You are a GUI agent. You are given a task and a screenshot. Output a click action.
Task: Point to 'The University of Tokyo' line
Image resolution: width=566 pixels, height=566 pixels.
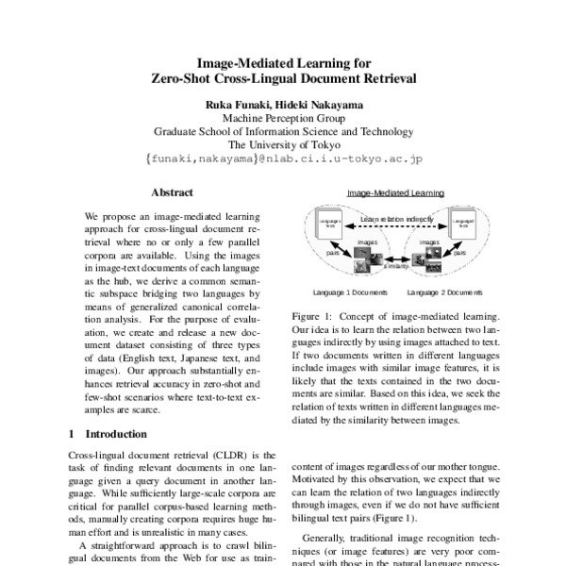283,145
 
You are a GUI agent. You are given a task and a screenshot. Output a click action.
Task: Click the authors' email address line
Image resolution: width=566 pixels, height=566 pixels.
283,160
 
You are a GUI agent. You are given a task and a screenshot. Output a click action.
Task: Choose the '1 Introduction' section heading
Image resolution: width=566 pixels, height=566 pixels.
110,435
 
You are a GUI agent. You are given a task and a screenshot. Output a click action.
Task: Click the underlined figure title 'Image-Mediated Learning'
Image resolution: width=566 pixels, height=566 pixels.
395,192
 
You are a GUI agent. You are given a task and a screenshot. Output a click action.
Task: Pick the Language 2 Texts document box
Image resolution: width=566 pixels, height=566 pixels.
463,226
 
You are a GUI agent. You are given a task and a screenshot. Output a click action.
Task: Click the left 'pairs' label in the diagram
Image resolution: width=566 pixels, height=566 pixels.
333,253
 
